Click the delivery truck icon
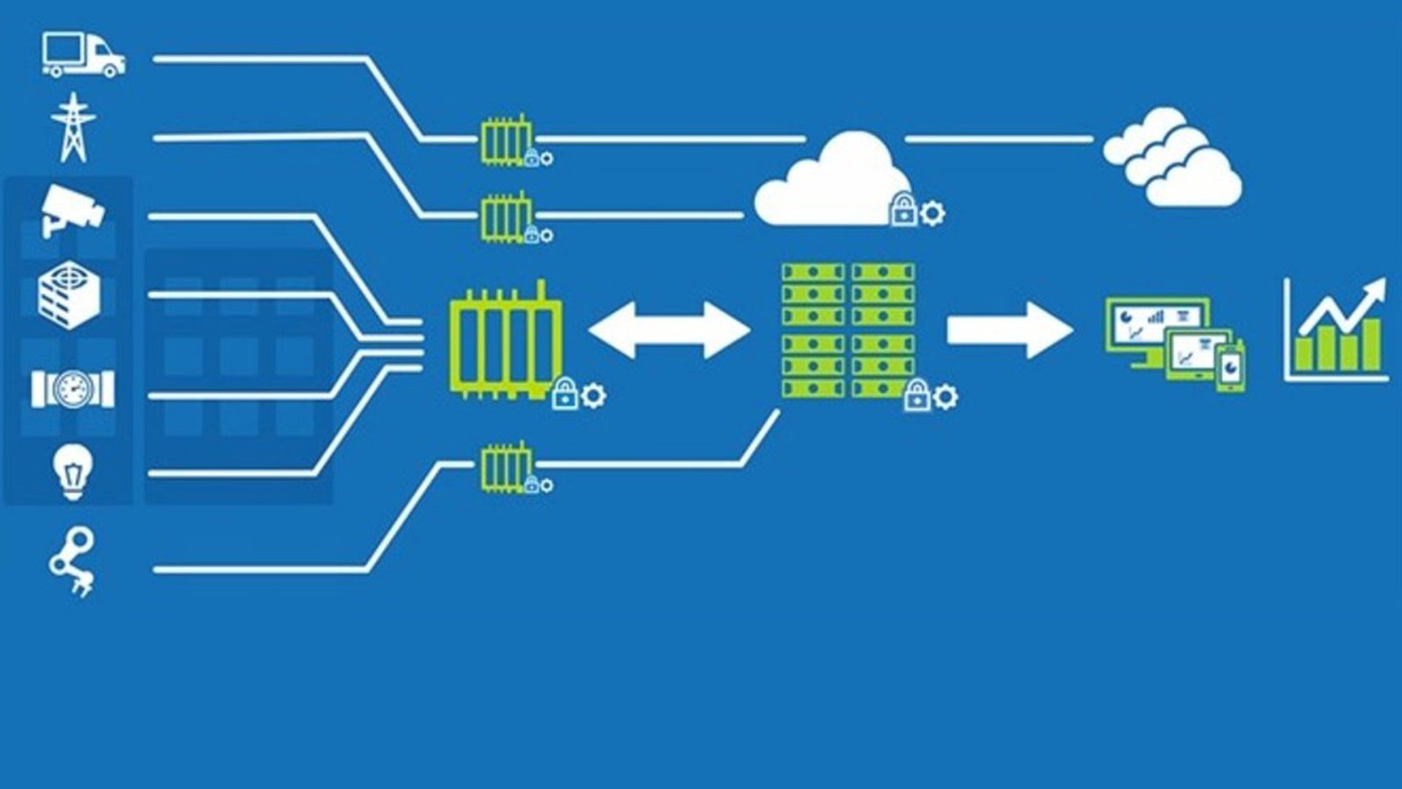[x=83, y=55]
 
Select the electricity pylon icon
[x=74, y=128]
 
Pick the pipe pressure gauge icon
[x=73, y=388]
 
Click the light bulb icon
[x=72, y=472]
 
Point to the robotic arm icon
[x=71, y=562]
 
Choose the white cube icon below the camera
[x=69, y=295]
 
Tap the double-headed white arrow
[x=669, y=331]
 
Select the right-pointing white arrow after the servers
[x=1009, y=331]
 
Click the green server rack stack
[x=847, y=331]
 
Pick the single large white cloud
[x=832, y=182]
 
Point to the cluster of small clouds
[x=1172, y=158]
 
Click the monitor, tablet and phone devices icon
[x=1175, y=343]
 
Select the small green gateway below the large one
[x=506, y=468]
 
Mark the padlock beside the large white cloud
[x=903, y=211]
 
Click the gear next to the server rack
[x=945, y=397]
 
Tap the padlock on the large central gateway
[x=565, y=394]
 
